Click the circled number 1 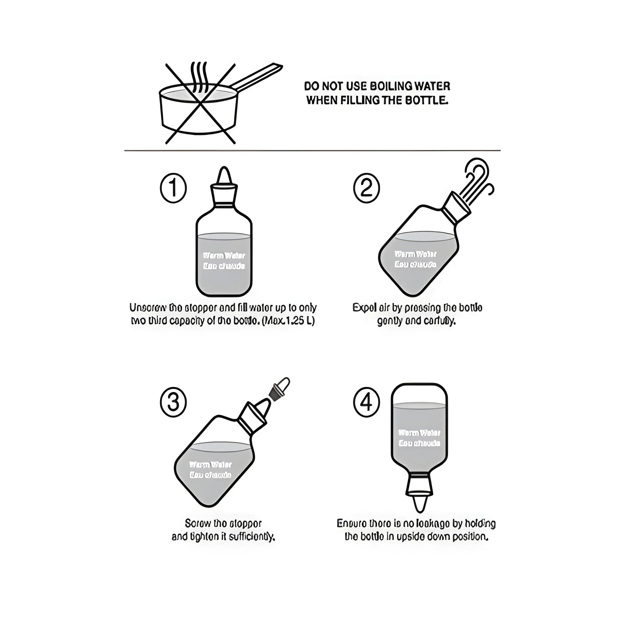point(173,188)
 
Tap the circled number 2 point(366,188)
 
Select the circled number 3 point(173,403)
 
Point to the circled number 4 point(366,403)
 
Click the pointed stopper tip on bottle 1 point(224,176)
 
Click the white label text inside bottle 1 point(224,261)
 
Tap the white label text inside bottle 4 point(419,438)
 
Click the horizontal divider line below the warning point(312,150)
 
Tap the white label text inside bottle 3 point(210,470)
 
